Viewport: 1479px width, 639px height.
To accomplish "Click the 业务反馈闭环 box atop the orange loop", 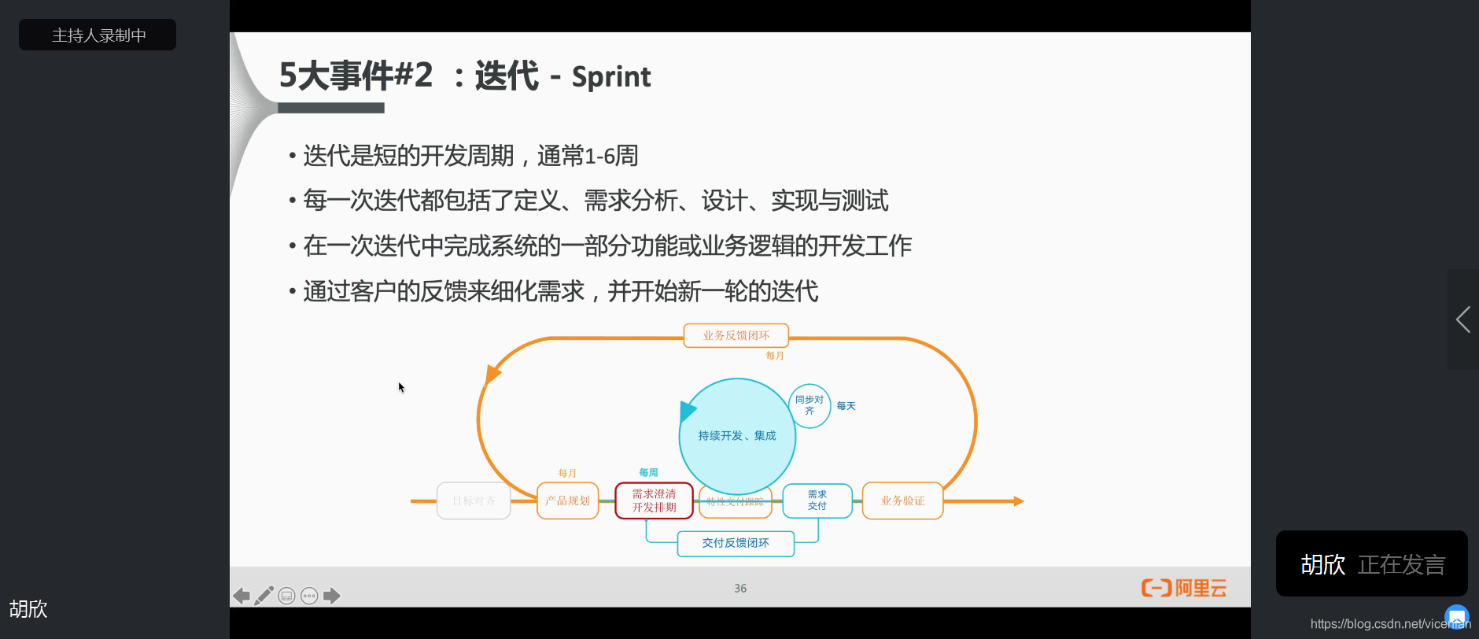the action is (x=736, y=335).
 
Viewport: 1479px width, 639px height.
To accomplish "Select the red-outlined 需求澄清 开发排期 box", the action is (x=654, y=500).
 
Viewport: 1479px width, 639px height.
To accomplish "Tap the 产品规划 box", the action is (x=567, y=500).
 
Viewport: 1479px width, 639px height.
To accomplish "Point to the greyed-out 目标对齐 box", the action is (x=474, y=500).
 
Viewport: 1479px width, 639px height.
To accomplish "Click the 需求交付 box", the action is (x=817, y=500).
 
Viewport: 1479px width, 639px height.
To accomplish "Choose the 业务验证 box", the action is (x=902, y=500).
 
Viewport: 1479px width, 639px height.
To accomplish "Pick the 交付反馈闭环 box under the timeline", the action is (x=736, y=543).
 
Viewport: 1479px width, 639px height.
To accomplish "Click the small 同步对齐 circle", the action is (x=810, y=405).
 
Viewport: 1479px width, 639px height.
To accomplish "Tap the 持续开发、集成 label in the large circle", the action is (x=737, y=435).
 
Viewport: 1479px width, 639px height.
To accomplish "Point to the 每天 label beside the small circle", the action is (x=846, y=406).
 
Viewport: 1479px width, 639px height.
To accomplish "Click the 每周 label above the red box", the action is (x=648, y=473).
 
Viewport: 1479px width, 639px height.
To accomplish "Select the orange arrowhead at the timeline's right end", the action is (x=1018, y=501).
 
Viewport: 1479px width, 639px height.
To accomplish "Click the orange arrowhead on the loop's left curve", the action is (x=492, y=373).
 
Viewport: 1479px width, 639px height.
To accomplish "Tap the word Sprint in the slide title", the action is (x=611, y=77).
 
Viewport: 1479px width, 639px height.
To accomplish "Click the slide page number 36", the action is (x=740, y=589).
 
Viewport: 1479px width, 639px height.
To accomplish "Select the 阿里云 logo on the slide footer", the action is (x=1184, y=588).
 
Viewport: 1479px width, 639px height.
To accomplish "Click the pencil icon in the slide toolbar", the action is (x=264, y=596).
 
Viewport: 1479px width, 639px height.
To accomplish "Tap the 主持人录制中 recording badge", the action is (x=98, y=35).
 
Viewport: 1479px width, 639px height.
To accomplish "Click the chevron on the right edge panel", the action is (x=1463, y=319).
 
